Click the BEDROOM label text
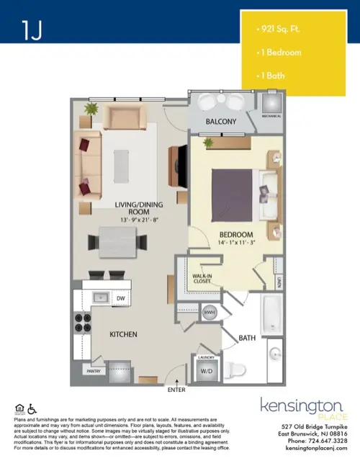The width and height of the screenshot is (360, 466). pyautogui.click(x=235, y=236)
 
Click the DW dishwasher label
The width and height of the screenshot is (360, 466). pyautogui.click(x=121, y=297)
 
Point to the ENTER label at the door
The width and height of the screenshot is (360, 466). pyautogui.click(x=176, y=390)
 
